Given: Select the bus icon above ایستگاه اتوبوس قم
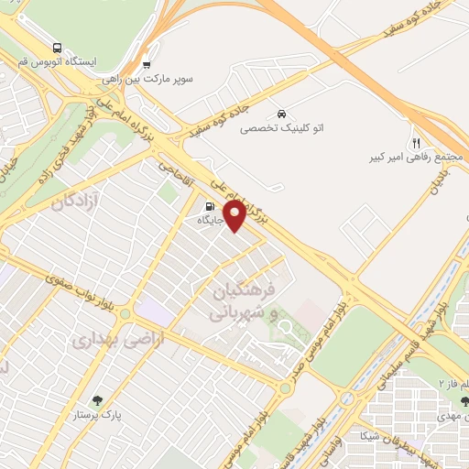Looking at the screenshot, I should click(x=58, y=48).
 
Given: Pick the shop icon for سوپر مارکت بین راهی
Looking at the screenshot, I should click(x=146, y=64).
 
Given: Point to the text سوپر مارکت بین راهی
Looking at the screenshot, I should click(x=161, y=80).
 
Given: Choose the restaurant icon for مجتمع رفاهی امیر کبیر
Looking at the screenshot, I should click(x=415, y=142).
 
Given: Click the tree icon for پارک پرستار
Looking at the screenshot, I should click(x=97, y=399).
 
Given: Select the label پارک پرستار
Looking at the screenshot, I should click(x=97, y=416).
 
